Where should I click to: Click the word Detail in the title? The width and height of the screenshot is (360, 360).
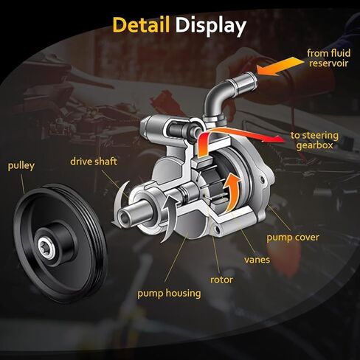[141, 25]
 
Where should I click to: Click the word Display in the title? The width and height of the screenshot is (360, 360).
[211, 27]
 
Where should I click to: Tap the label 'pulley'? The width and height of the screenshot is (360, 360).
[21, 166]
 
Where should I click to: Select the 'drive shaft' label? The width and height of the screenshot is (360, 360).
[94, 162]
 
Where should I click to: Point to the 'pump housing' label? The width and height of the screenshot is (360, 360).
[169, 294]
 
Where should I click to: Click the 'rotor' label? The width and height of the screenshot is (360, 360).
[221, 280]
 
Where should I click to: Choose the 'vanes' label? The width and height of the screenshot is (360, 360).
[257, 260]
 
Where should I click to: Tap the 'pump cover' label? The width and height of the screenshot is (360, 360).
[293, 238]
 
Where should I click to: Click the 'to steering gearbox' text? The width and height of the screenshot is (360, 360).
[314, 140]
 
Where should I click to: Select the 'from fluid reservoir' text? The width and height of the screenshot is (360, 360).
[328, 58]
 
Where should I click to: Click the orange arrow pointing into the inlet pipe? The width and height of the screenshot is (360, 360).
[280, 66]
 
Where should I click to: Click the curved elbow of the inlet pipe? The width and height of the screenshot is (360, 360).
[216, 94]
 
